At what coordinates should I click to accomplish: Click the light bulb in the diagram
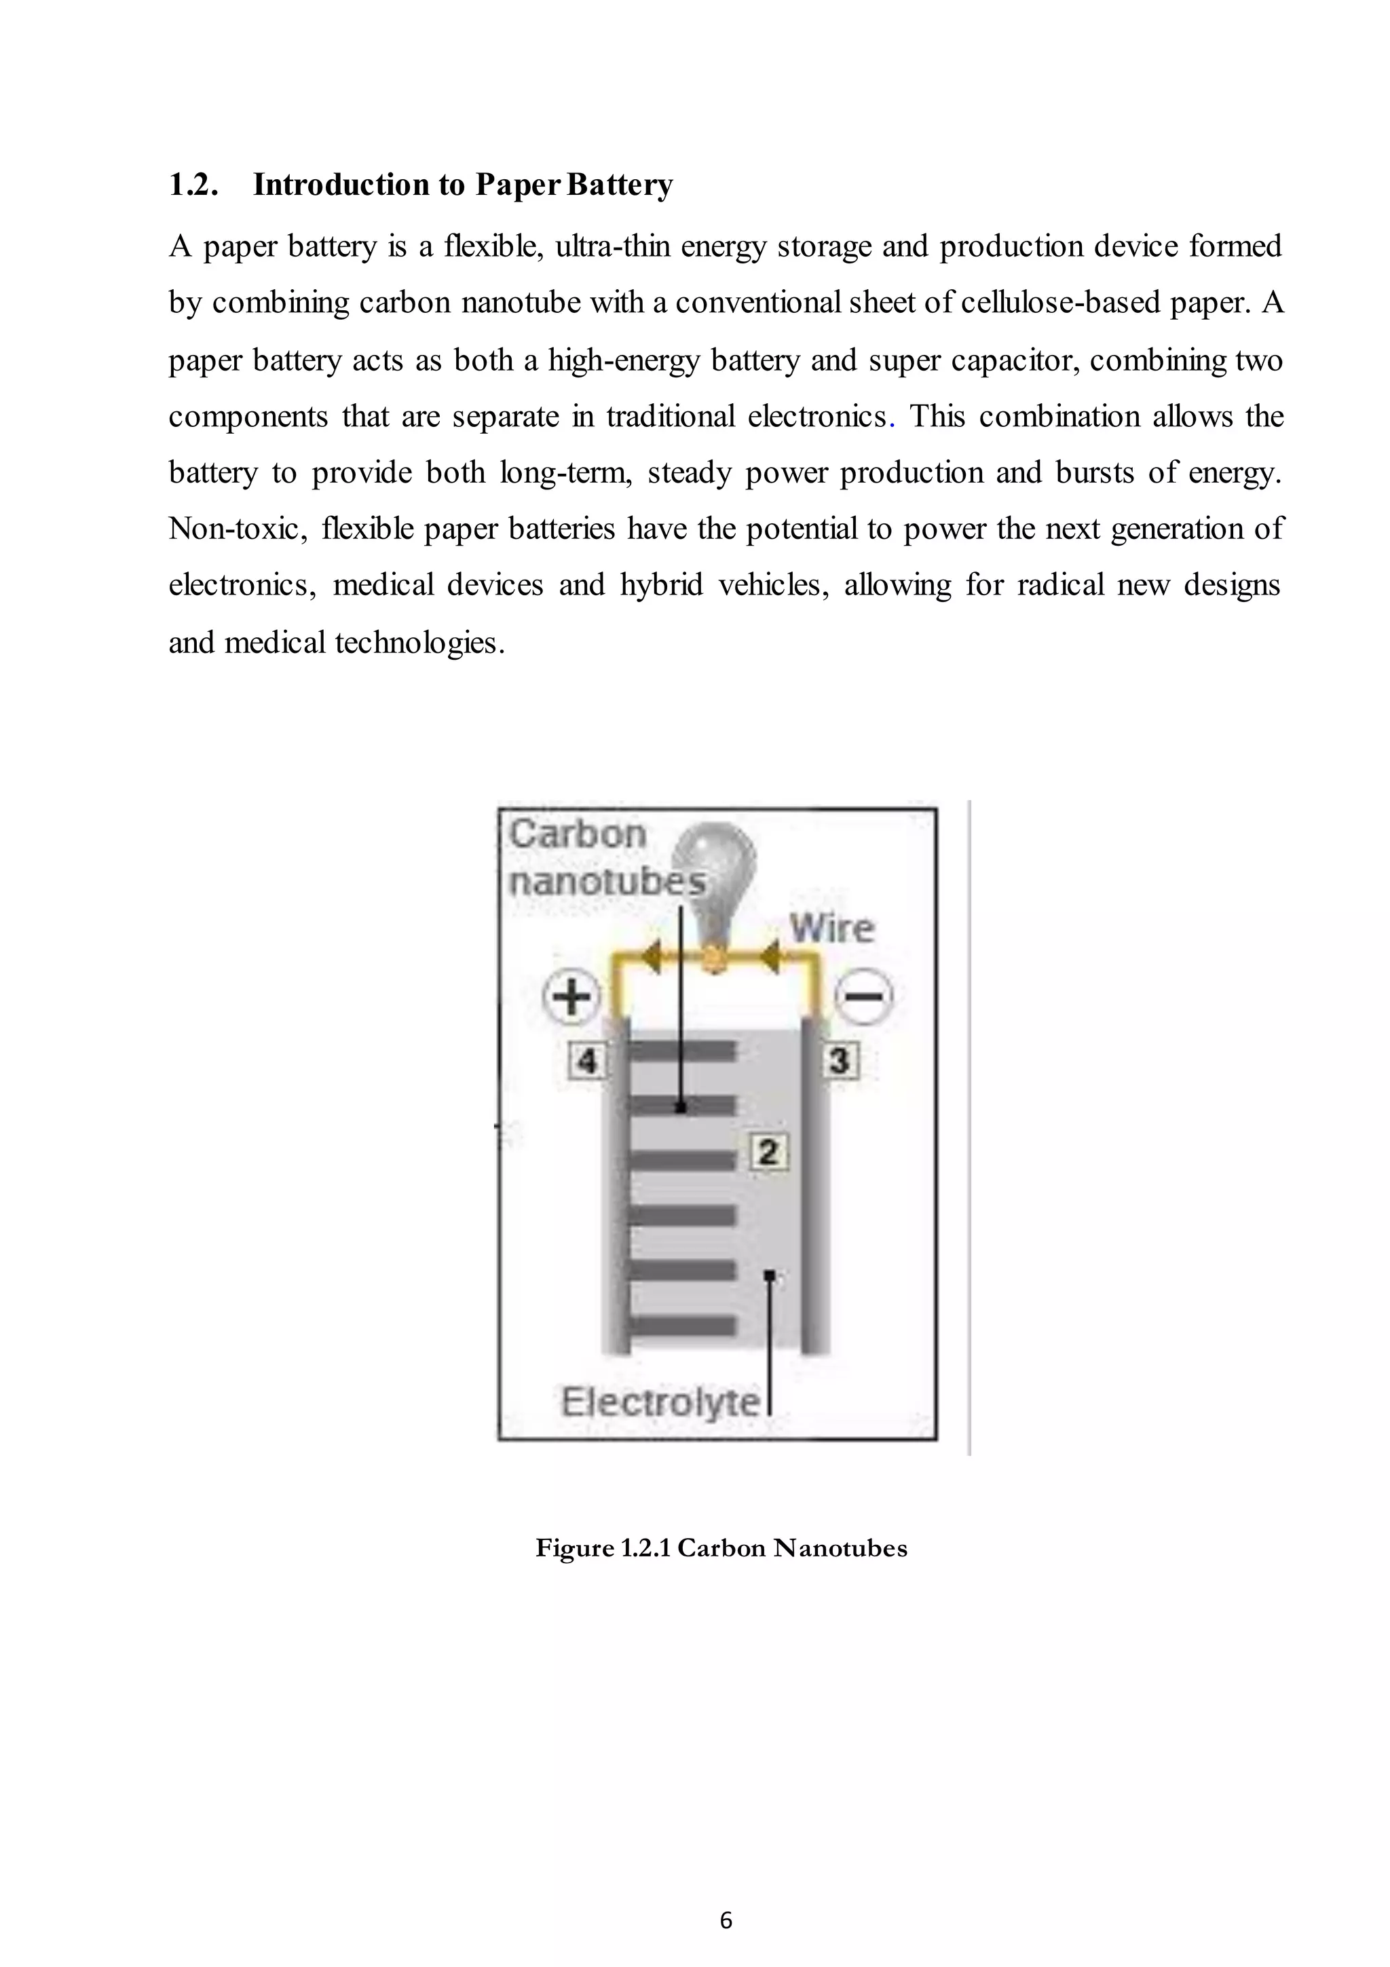pyautogui.click(x=713, y=865)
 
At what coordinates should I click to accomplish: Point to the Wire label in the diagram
pyautogui.click(x=831, y=929)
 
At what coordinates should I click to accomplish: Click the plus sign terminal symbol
pyautogui.click(x=571, y=997)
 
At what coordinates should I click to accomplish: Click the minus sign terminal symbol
pyautogui.click(x=863, y=997)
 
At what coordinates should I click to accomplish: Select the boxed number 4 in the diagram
pyautogui.click(x=586, y=1062)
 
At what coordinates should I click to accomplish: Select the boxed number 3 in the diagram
pyautogui.click(x=840, y=1061)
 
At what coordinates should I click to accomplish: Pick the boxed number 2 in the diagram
pyautogui.click(x=768, y=1151)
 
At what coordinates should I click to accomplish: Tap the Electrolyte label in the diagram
pyautogui.click(x=660, y=1402)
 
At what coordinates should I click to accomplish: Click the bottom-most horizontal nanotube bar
pyautogui.click(x=683, y=1326)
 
